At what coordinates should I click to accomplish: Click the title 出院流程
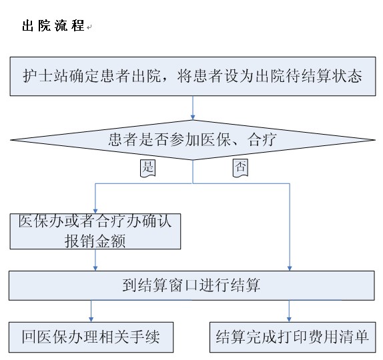click(53, 25)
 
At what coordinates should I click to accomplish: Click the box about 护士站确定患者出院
click(193, 77)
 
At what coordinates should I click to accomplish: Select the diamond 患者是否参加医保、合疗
click(193, 140)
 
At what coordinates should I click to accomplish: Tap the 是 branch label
click(147, 168)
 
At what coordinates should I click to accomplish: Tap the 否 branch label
click(240, 168)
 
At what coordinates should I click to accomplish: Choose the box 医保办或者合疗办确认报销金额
click(95, 231)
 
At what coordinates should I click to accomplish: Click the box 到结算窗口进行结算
click(191, 285)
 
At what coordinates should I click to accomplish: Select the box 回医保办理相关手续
click(91, 337)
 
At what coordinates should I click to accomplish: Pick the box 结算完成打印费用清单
click(293, 337)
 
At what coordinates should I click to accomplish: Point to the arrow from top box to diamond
click(193, 108)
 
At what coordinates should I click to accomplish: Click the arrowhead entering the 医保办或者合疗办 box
click(95, 211)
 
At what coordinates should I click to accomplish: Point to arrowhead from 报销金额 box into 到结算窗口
click(95, 268)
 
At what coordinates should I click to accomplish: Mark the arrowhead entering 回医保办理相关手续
click(91, 319)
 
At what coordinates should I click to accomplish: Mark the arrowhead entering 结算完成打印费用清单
click(289, 319)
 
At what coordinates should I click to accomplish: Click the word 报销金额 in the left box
click(95, 241)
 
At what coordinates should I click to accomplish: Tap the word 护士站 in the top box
click(45, 75)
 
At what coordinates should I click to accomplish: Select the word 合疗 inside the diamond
click(262, 139)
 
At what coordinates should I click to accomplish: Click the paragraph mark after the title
click(89, 27)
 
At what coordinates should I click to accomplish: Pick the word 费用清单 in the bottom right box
click(338, 337)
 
